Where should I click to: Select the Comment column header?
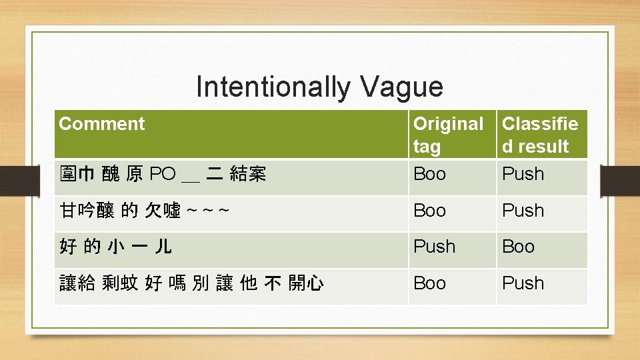coord(101,124)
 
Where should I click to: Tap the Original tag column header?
coord(448,135)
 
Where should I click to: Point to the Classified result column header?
coord(540,135)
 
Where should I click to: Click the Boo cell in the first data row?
coord(430,174)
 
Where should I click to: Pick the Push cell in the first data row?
coord(523,174)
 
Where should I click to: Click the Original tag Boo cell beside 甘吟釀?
coord(430,211)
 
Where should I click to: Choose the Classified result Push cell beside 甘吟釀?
coord(523,211)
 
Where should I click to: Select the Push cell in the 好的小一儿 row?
coord(435,247)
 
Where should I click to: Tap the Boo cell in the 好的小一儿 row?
coord(518,247)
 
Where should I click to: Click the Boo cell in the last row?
coord(430,283)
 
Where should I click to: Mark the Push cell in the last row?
coord(523,283)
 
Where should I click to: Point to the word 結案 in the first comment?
coord(247,175)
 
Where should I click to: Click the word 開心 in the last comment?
coord(306,284)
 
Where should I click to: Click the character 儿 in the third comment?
coord(163,247)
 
